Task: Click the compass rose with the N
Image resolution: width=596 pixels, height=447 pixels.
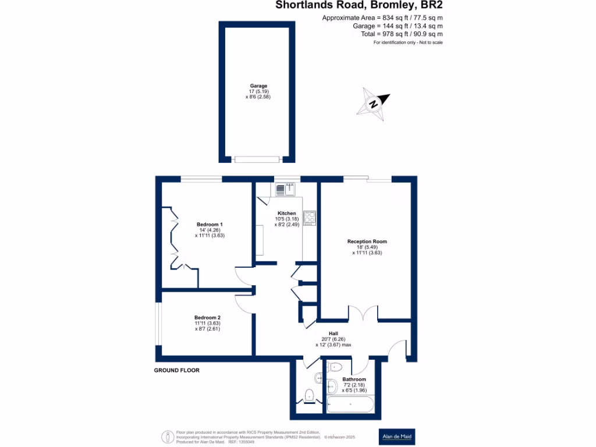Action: tap(374, 104)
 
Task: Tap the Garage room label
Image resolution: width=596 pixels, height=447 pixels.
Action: tap(258, 86)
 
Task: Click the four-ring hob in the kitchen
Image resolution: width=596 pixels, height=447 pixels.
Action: tap(309, 218)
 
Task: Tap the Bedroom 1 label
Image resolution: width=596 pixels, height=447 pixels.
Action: tap(210, 224)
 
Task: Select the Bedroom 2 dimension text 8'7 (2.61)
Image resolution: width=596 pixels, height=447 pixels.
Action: tap(208, 329)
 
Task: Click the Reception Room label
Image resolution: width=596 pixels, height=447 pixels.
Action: tap(367, 242)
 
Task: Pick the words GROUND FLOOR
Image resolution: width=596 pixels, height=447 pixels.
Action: tap(176, 370)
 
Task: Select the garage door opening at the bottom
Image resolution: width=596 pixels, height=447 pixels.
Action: tap(257, 159)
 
